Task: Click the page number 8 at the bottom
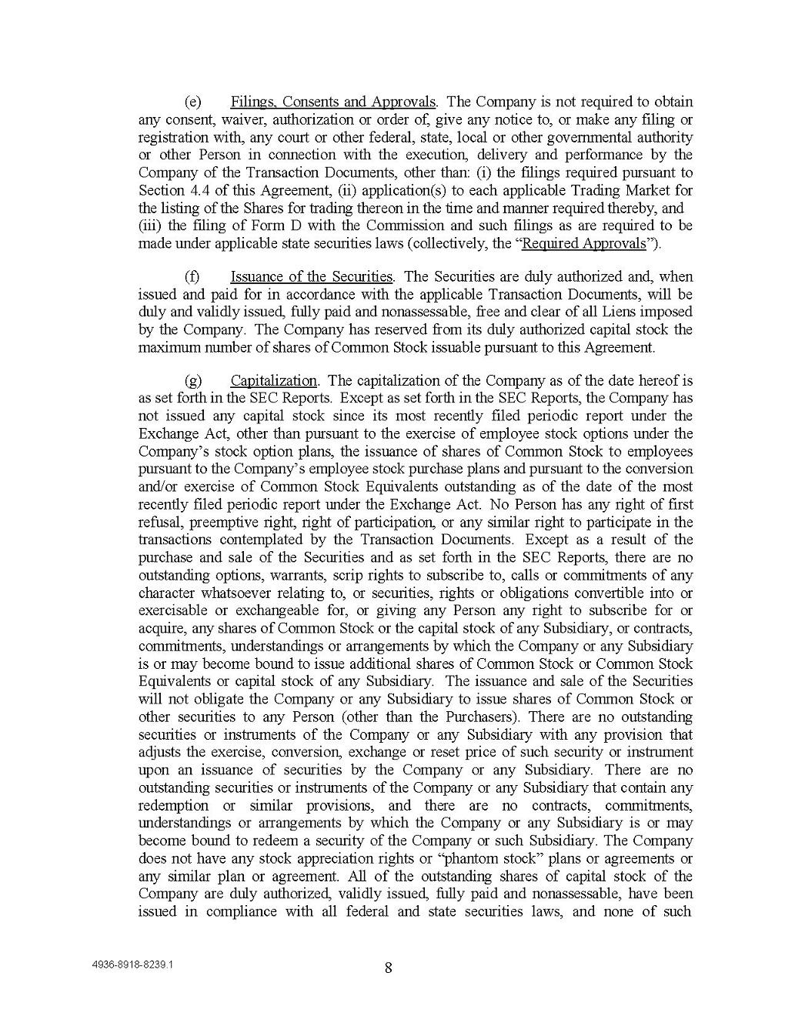click(x=388, y=968)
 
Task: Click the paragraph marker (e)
click(x=192, y=102)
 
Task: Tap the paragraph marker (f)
click(x=192, y=276)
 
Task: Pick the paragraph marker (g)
click(x=192, y=380)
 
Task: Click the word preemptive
click(x=218, y=523)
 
